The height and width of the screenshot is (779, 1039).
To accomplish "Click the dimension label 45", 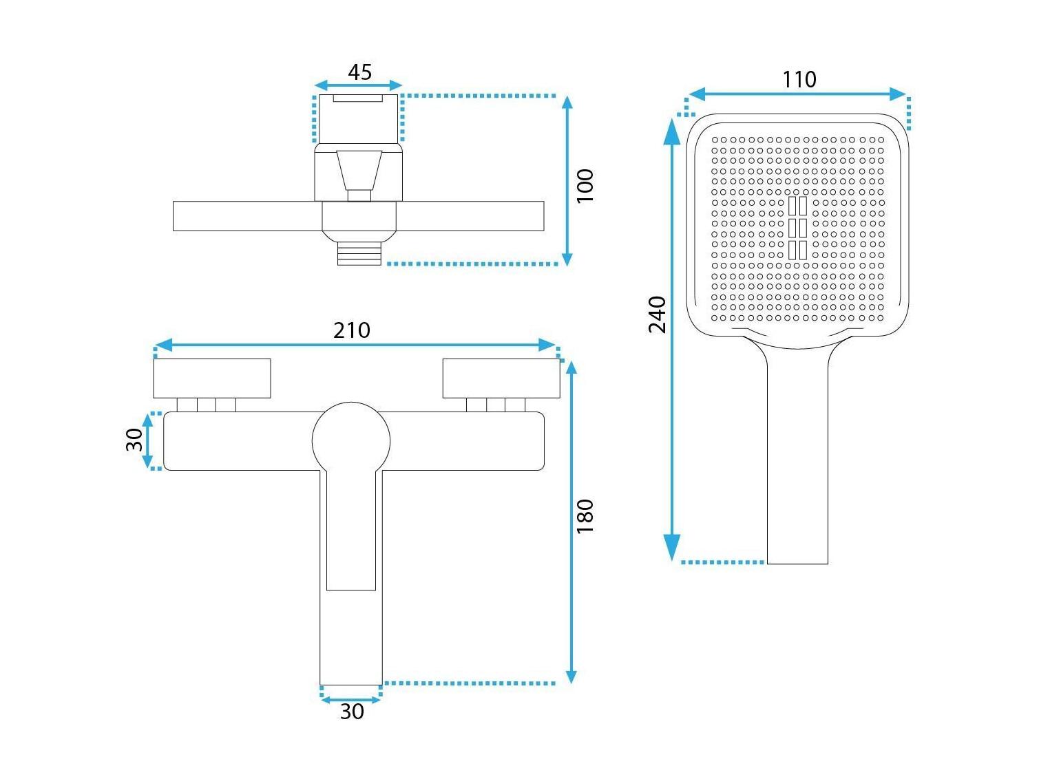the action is [359, 72].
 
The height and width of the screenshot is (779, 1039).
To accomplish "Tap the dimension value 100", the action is [585, 186].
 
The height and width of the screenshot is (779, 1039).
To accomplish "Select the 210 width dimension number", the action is [352, 330].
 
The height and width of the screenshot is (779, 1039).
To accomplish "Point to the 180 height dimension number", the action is [585, 517].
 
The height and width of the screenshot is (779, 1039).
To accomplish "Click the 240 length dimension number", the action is [657, 315].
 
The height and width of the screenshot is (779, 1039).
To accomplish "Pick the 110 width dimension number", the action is [799, 79].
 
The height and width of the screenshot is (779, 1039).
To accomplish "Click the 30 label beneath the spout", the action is [352, 712].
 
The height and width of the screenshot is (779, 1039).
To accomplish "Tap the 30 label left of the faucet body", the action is [135, 440].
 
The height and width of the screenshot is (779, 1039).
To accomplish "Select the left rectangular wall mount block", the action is [212, 378].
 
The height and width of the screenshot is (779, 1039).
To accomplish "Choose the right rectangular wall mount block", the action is [502, 378].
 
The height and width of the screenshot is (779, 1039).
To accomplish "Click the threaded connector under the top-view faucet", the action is [359, 254].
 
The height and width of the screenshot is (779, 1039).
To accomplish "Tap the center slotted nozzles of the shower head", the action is [797, 228].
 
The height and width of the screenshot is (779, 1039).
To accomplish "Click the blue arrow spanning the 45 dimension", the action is [358, 85].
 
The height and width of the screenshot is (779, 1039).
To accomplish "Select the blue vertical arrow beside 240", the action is [672, 339].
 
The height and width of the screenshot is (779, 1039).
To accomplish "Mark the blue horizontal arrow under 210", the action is [355, 345].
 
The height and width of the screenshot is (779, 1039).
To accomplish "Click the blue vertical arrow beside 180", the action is [571, 522].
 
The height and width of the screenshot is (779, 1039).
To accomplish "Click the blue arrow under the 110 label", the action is [797, 94].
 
